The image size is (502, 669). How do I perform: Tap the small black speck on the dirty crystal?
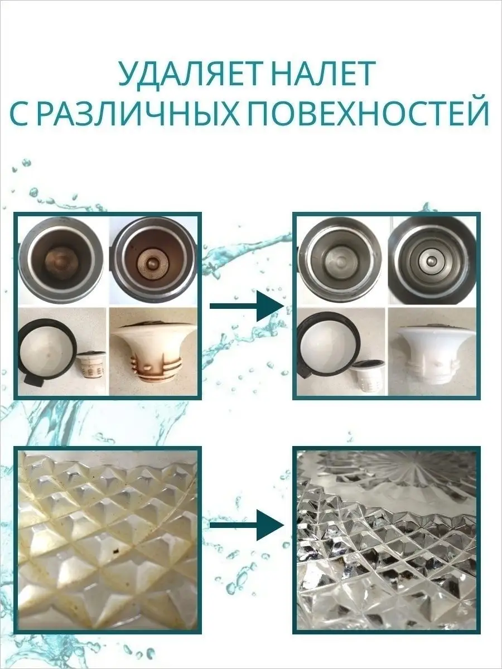(x=116, y=551)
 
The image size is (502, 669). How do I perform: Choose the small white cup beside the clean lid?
(x=369, y=376)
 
